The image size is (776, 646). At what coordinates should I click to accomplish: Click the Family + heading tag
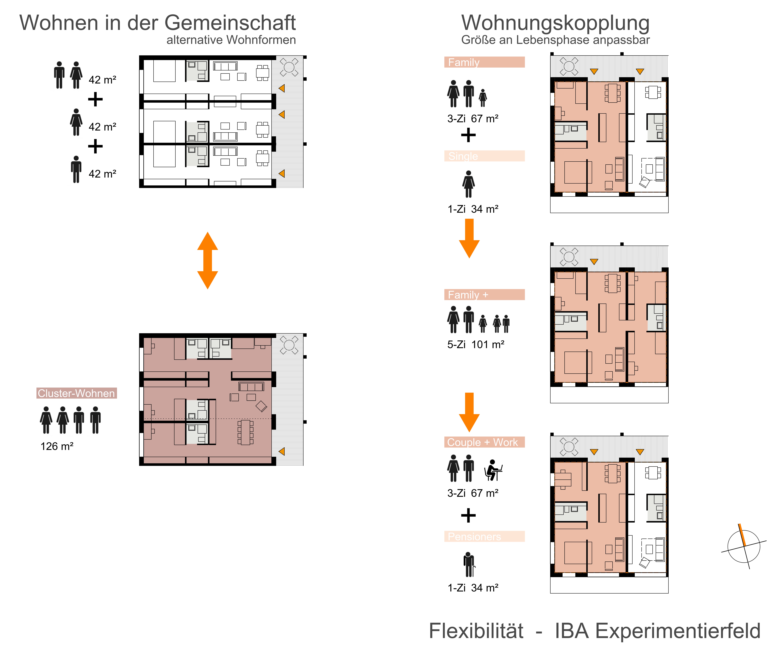[484, 295]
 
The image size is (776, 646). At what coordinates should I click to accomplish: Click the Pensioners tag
[484, 536]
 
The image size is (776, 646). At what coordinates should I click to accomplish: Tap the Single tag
[484, 156]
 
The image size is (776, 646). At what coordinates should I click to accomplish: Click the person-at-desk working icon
[493, 470]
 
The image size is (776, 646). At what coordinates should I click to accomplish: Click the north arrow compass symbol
[744, 546]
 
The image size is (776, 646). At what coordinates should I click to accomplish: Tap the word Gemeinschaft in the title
[230, 23]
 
